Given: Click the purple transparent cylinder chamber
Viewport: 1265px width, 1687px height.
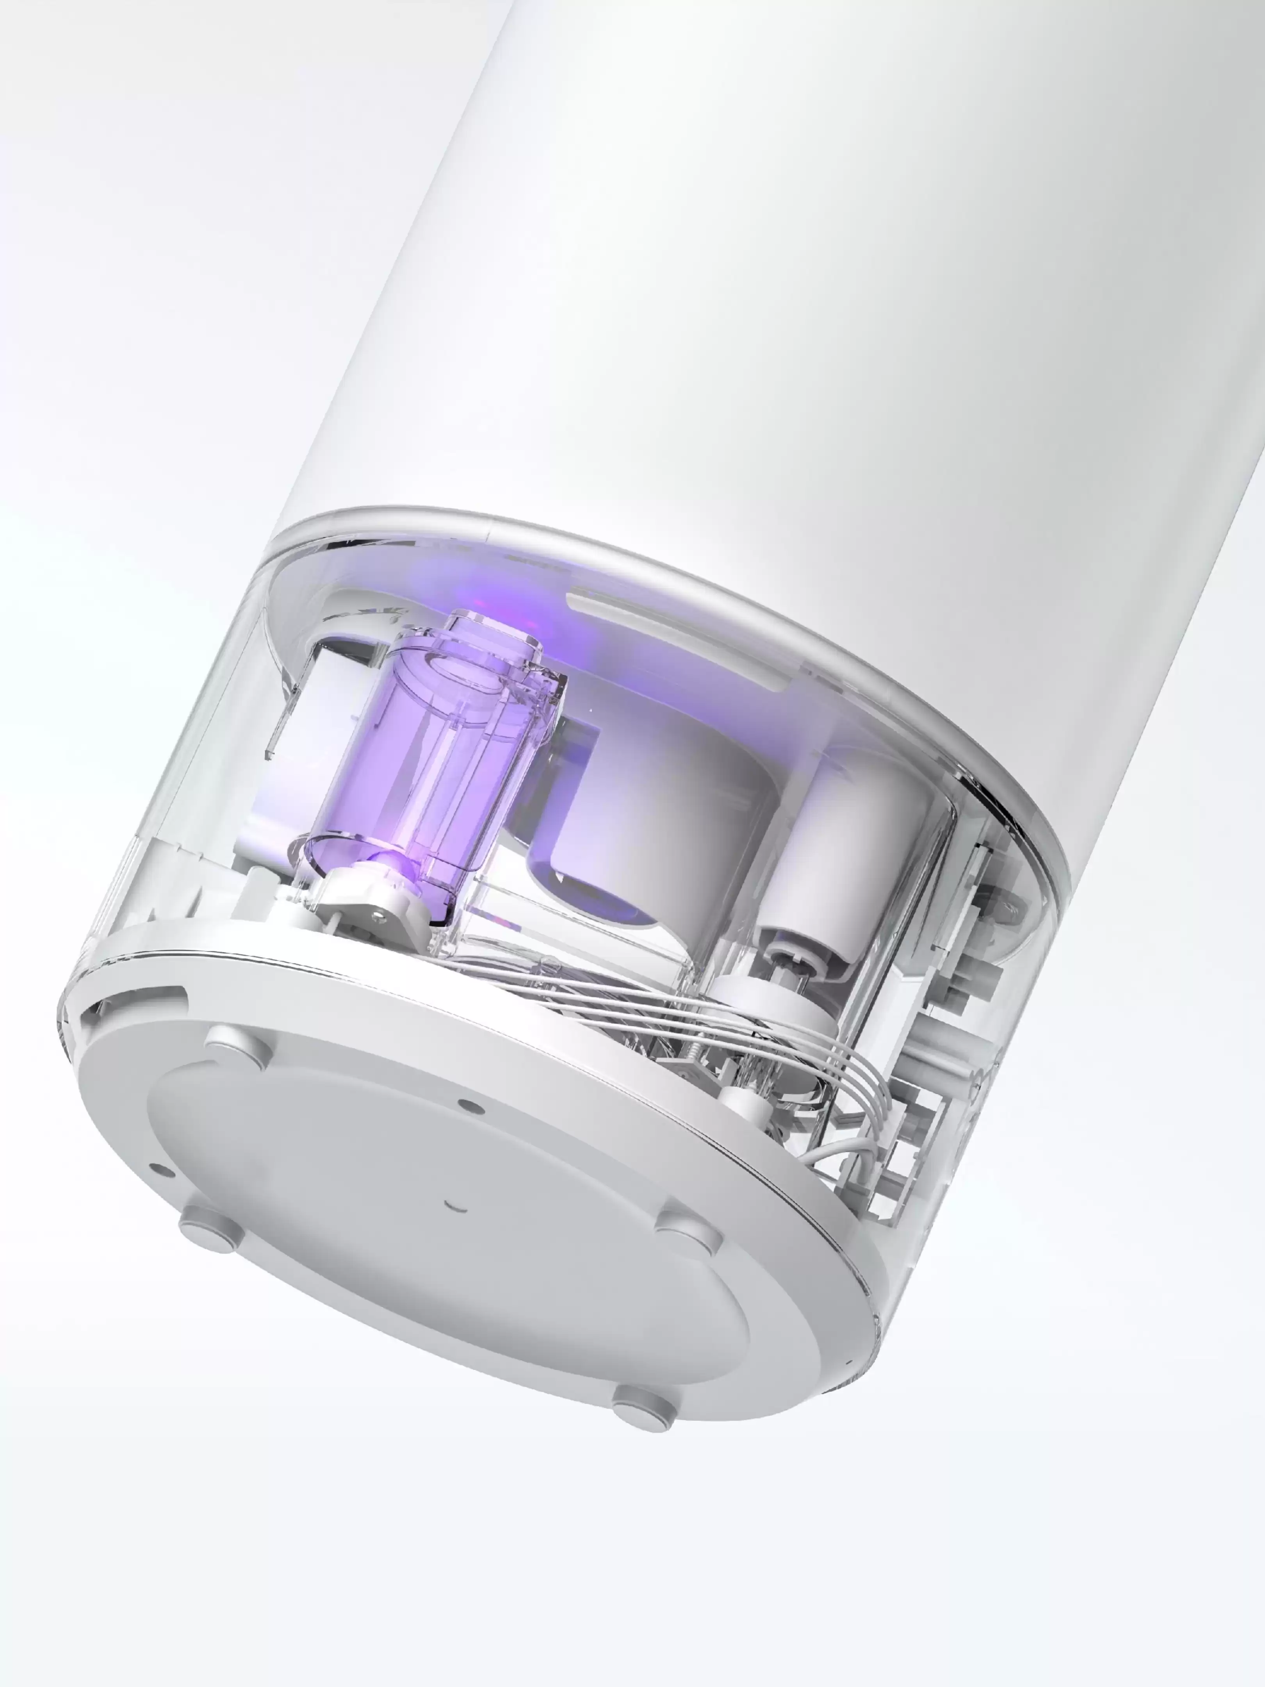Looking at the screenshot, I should coord(427,763).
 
